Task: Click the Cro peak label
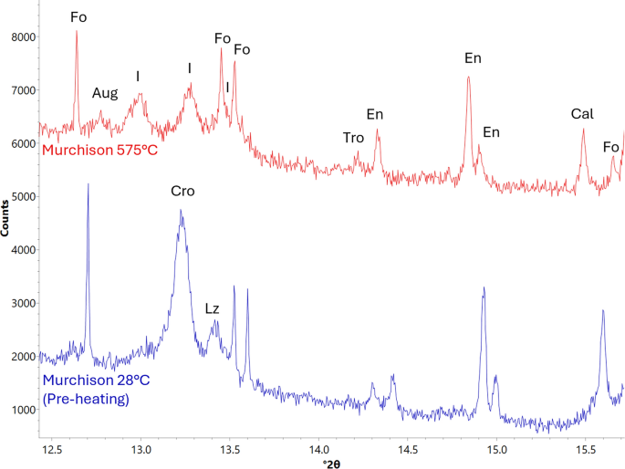coord(182,193)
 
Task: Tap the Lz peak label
coord(212,309)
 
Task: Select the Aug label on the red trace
coord(105,93)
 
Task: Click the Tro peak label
coord(353,138)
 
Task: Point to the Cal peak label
coord(582,114)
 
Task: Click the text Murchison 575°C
coord(100,148)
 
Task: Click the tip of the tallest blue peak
coord(88,184)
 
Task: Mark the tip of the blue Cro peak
coord(182,211)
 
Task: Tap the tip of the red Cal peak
coord(583,129)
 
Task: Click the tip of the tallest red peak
coord(77,31)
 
